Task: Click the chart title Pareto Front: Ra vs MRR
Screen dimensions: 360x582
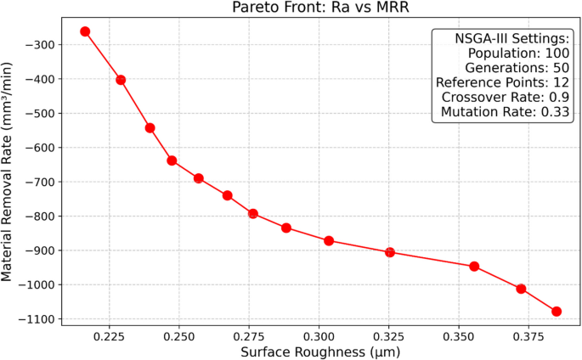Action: tap(321, 8)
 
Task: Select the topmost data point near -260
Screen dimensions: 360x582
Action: tap(85, 31)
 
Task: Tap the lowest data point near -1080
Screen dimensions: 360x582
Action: tap(557, 312)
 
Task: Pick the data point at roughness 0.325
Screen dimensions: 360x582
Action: tap(390, 252)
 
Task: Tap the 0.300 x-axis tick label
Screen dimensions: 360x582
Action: tap(319, 336)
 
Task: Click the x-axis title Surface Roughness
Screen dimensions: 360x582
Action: tap(320, 352)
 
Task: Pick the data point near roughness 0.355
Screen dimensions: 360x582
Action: tap(474, 267)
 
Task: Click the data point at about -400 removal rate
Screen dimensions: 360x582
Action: tap(121, 80)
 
